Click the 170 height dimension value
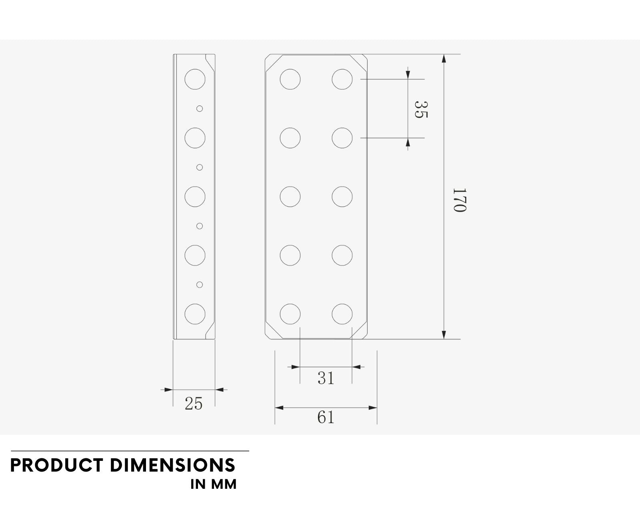pos(460,200)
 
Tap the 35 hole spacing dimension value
pos(421,110)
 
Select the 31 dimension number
pos(326,378)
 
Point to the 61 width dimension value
pos(326,417)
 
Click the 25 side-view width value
pos(194,404)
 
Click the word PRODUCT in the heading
pos(57,465)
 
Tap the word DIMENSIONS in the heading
pos(173,465)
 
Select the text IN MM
pos(214,484)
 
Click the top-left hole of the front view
pos(290,79)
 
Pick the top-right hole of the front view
pos(342,79)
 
